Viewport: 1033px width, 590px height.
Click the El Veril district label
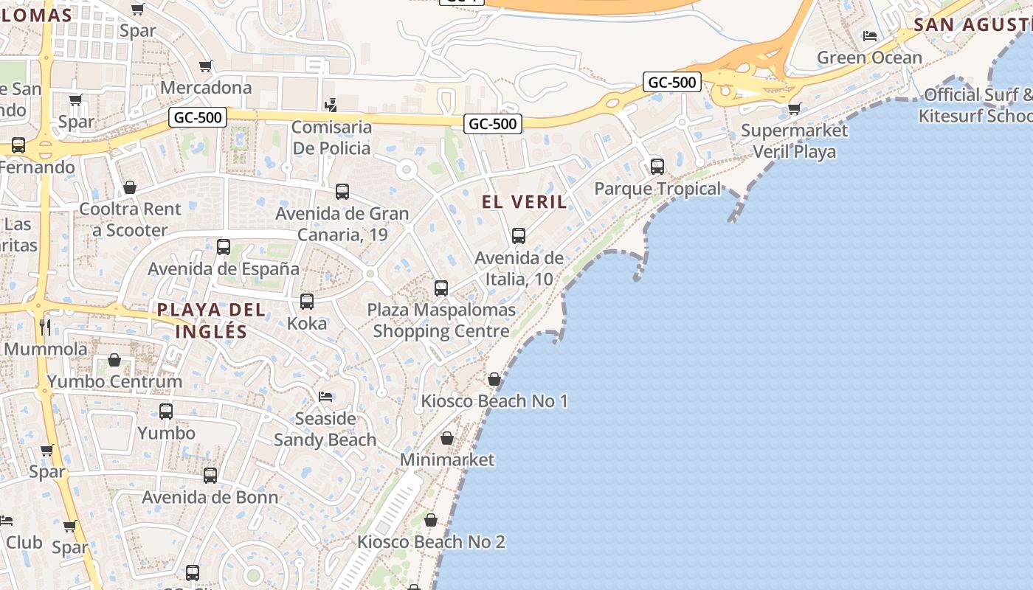pos(524,201)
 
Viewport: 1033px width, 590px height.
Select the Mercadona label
pos(206,87)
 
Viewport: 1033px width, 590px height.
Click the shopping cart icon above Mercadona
pos(206,66)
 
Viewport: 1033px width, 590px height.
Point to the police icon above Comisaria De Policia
pos(331,105)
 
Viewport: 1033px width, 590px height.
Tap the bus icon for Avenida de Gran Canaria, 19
pos(342,192)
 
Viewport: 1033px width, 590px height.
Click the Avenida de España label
pos(224,268)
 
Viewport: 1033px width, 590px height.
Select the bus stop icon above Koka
pos(307,302)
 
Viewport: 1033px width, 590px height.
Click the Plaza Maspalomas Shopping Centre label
pos(441,320)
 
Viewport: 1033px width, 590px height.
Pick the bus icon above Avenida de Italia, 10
pos(519,236)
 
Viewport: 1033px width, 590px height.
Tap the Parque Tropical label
pos(657,189)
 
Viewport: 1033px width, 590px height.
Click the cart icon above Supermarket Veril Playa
pos(794,109)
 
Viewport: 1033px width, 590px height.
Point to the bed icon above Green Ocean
pos(870,36)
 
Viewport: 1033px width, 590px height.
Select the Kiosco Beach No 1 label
pos(494,401)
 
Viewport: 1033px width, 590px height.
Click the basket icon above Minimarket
pos(447,439)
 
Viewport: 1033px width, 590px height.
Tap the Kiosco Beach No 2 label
pos(431,542)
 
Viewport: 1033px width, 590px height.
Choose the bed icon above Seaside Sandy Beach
pos(325,397)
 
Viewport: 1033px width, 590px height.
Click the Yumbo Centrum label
pos(114,381)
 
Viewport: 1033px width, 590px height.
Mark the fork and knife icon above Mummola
pos(46,326)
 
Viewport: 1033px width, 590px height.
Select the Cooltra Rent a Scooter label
pos(130,219)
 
